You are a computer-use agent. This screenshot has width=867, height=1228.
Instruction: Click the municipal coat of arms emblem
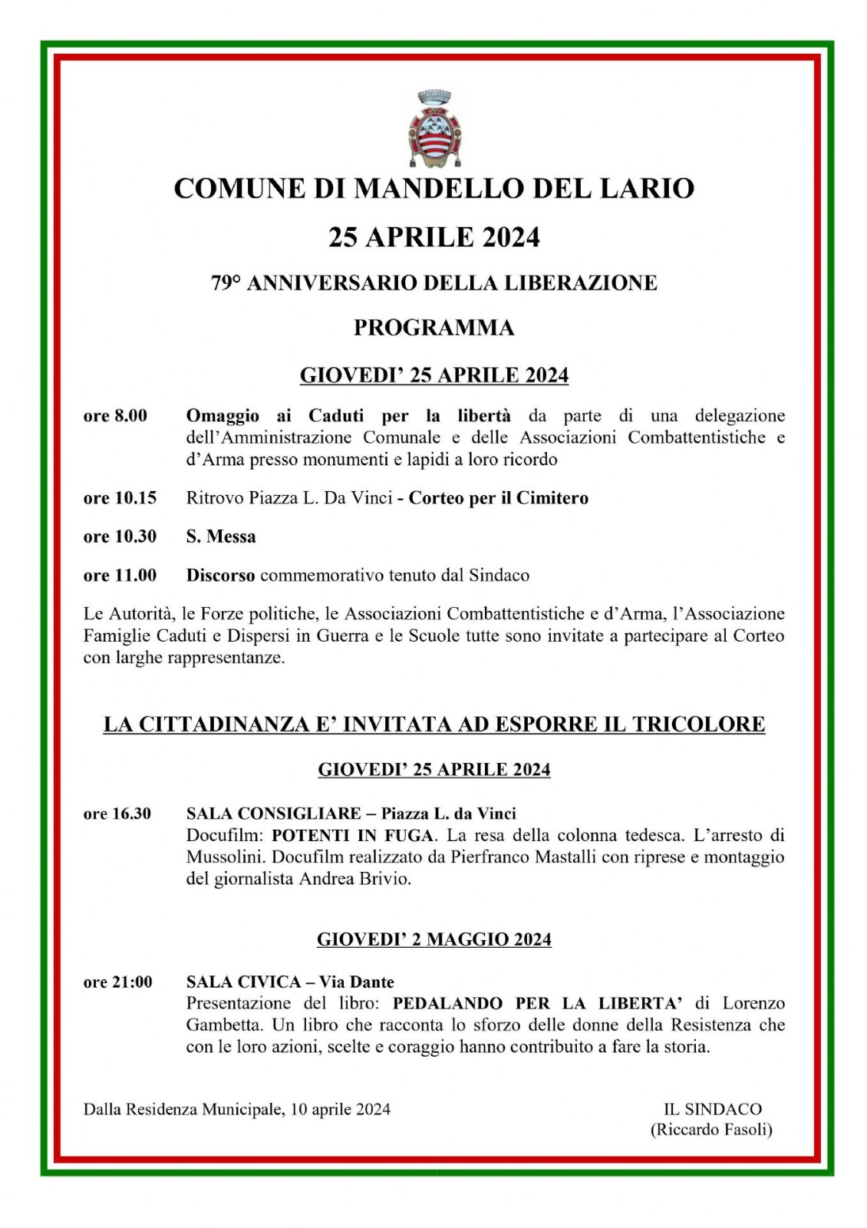tap(433, 129)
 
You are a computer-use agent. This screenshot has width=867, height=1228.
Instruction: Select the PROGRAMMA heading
tap(433, 328)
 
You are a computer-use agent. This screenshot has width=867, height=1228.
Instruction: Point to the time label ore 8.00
tap(115, 416)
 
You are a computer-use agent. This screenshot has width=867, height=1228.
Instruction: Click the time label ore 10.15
tap(120, 498)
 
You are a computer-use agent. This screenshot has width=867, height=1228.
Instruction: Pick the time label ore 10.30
tap(120, 536)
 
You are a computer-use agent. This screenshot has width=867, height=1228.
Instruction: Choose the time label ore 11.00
tap(120, 575)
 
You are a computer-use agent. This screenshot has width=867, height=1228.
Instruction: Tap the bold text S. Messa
tap(221, 536)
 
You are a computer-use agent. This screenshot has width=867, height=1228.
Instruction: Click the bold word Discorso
tap(220, 575)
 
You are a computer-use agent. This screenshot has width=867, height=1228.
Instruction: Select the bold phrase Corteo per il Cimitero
tap(498, 498)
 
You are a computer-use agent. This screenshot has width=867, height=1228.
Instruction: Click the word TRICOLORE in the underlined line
tap(698, 724)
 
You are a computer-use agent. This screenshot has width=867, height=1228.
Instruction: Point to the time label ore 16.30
tap(117, 814)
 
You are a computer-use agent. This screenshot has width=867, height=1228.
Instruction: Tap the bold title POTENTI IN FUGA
tap(353, 835)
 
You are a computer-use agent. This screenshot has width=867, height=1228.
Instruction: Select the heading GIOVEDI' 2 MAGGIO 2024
tap(433, 939)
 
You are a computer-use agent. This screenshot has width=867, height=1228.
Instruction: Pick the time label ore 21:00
tap(118, 982)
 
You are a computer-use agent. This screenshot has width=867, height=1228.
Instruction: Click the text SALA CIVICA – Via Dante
tap(290, 982)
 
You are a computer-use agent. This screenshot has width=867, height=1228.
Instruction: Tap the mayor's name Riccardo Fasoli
tap(711, 1130)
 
